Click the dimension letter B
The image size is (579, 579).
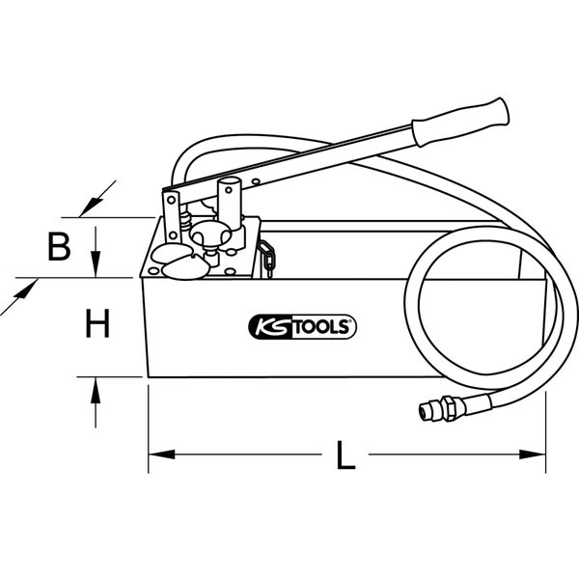(59, 249)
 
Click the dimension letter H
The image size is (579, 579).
(95, 324)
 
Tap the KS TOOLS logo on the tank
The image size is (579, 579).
(303, 328)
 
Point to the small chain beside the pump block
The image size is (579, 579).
(268, 258)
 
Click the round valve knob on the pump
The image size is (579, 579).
(209, 234)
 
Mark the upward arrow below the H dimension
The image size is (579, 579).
(95, 390)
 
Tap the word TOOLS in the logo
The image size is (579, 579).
(323, 328)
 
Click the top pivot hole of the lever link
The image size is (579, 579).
(171, 199)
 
